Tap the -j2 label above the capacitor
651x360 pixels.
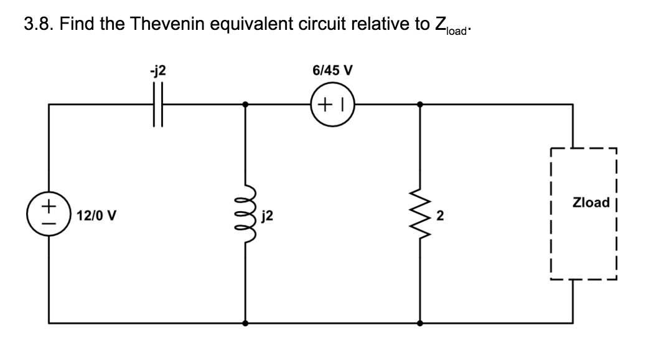(x=158, y=71)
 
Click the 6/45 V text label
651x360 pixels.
(x=332, y=71)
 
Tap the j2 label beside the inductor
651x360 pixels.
(x=268, y=216)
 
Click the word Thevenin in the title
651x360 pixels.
(x=181, y=25)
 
